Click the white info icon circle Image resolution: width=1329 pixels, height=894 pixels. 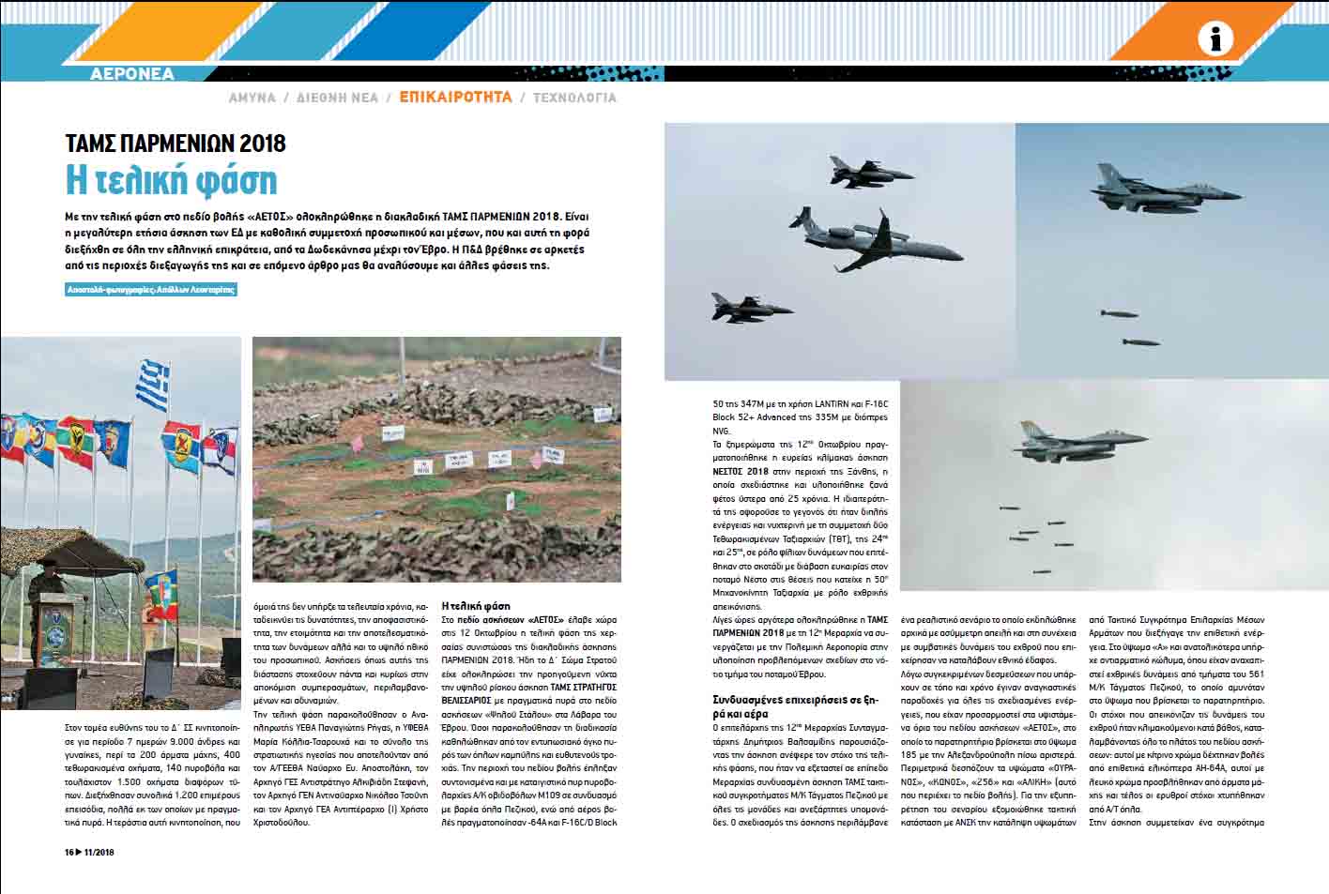[x=1215, y=39]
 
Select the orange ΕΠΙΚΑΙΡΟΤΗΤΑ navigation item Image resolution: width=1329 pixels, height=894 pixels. [x=455, y=97]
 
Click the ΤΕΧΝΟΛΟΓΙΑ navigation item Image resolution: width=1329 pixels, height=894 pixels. [x=574, y=97]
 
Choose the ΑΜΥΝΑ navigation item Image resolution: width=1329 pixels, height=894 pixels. [x=252, y=97]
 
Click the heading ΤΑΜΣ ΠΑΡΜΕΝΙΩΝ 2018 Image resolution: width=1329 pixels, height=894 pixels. [x=176, y=143]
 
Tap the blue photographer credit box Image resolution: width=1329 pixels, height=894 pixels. [x=151, y=290]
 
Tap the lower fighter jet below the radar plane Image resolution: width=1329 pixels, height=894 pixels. [x=751, y=309]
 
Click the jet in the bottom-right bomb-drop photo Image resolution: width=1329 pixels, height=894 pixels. [x=1079, y=439]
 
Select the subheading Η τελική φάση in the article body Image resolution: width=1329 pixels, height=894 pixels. [x=476, y=606]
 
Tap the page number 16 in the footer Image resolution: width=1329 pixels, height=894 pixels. [x=69, y=852]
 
